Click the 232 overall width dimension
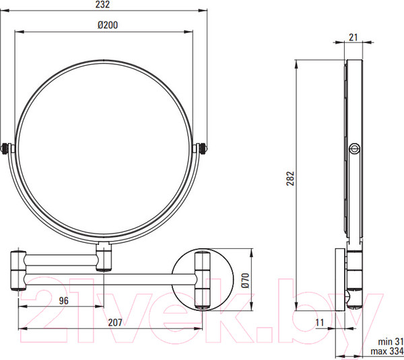(x=102, y=5)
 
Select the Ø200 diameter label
(x=108, y=25)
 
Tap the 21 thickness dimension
(x=353, y=37)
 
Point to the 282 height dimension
(x=290, y=178)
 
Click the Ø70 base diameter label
(x=245, y=281)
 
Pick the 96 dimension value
(x=64, y=301)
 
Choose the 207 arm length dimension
(x=115, y=322)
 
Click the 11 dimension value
(x=319, y=322)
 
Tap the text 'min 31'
(x=391, y=342)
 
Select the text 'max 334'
(x=387, y=351)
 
